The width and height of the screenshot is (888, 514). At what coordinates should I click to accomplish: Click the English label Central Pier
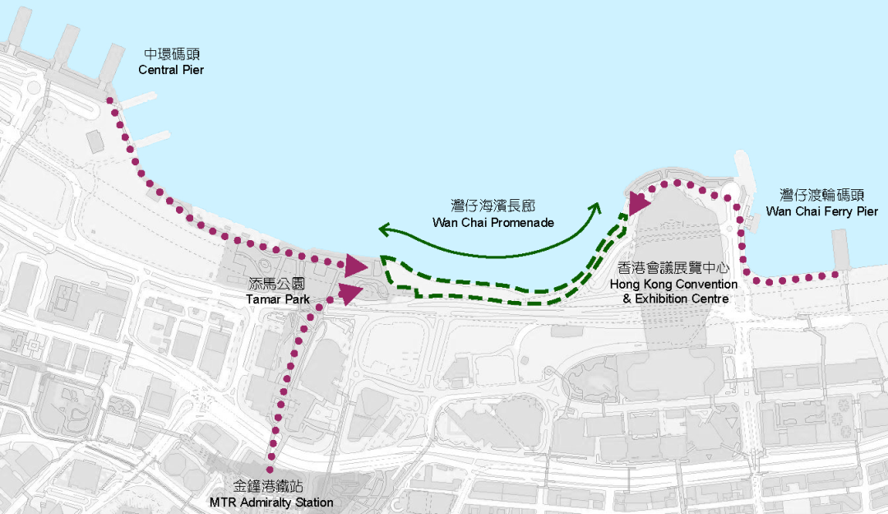(x=171, y=70)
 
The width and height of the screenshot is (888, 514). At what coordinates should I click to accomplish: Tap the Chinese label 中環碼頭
(x=171, y=54)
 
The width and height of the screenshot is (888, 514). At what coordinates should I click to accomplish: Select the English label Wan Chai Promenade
(x=493, y=223)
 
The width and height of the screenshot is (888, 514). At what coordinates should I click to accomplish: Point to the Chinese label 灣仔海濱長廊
(x=493, y=206)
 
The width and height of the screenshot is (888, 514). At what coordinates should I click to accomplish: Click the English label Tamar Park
(x=278, y=299)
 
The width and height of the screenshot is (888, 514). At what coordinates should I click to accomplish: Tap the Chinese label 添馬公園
(x=278, y=284)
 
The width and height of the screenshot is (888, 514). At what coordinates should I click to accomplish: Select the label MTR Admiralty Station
(x=271, y=502)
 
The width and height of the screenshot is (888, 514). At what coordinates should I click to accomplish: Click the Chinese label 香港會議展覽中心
(x=673, y=268)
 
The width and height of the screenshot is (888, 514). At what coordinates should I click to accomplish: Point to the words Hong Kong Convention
(x=673, y=284)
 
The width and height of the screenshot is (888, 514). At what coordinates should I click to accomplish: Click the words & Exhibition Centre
(x=675, y=299)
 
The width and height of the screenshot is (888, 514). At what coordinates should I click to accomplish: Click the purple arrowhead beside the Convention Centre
(x=637, y=201)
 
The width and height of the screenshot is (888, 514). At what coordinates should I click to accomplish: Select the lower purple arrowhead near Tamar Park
(x=349, y=293)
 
